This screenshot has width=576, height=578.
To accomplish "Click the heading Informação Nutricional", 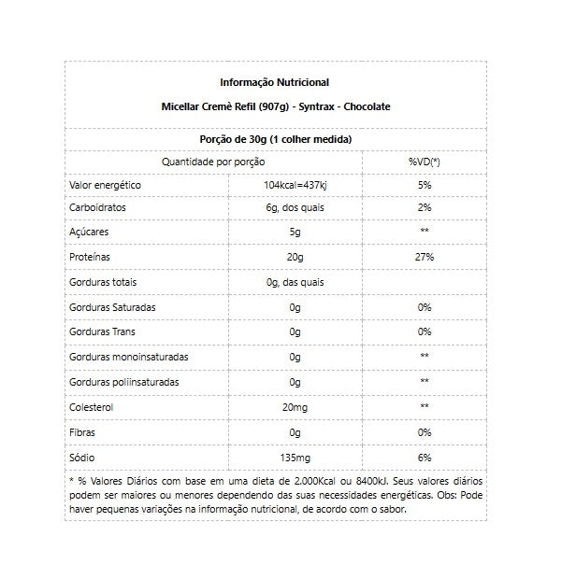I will click(x=274, y=82).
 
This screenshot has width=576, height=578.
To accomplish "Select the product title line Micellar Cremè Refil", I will click(x=275, y=107).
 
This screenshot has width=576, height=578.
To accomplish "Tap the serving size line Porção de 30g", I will click(x=276, y=138).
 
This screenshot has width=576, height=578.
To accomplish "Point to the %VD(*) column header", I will click(x=424, y=162).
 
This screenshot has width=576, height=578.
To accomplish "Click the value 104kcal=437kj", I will click(x=295, y=186).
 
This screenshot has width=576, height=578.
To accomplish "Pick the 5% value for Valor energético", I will click(x=424, y=186).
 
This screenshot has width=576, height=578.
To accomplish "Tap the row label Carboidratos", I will click(x=98, y=207).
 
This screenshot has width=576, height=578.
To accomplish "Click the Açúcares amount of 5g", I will click(x=295, y=231).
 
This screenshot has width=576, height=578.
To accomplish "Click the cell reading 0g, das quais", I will click(x=295, y=282).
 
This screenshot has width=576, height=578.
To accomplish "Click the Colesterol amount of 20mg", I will click(x=295, y=407).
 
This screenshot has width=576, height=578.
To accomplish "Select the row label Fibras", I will click(x=83, y=432).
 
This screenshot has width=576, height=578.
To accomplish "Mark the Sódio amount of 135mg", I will click(x=295, y=458).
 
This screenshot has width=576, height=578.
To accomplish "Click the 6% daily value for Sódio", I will click(x=424, y=458).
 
